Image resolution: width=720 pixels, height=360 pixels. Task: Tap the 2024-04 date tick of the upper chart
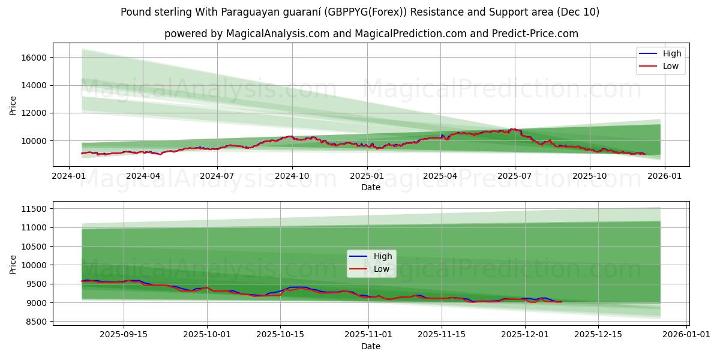point(143,176)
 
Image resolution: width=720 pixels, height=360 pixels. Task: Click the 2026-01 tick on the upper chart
point(664,176)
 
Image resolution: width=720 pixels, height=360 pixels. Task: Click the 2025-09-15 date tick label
point(124,334)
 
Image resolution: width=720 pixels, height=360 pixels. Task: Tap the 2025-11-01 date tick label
point(367,334)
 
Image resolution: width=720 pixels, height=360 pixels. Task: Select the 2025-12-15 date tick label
point(598,334)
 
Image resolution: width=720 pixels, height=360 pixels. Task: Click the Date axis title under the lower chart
point(371,346)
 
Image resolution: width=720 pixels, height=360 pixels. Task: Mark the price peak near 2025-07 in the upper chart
point(512,129)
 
